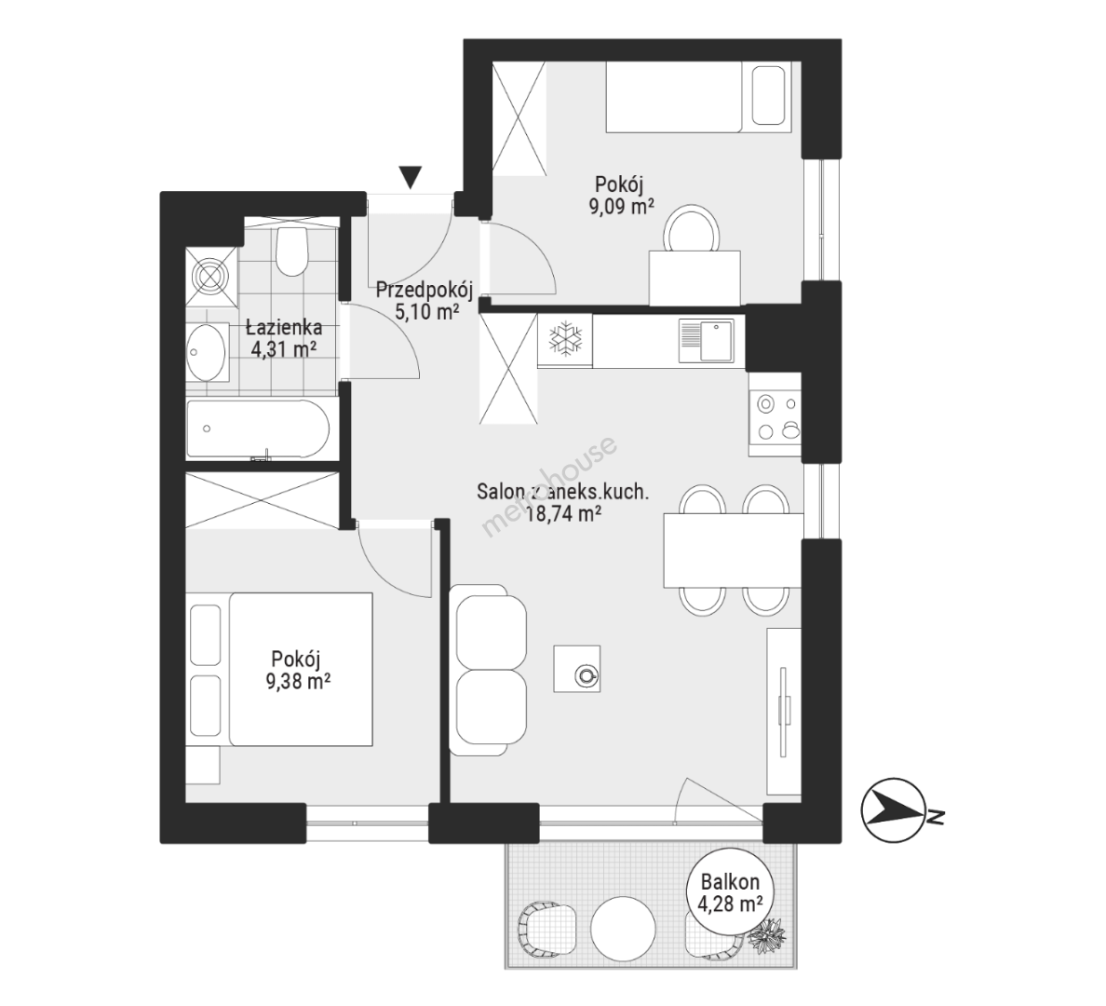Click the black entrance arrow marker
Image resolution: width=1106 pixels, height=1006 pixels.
pyautogui.click(x=410, y=176)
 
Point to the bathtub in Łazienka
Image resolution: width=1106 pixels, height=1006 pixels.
pyautogui.click(x=258, y=429)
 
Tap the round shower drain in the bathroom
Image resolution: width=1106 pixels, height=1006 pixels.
pyautogui.click(x=212, y=276)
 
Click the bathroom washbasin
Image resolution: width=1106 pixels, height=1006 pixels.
pyautogui.click(x=207, y=350)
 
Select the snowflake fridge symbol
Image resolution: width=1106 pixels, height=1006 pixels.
pyautogui.click(x=565, y=340)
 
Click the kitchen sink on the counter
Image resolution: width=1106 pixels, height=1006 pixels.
pyautogui.click(x=707, y=340)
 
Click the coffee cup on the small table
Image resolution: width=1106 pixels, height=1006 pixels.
pyautogui.click(x=586, y=676)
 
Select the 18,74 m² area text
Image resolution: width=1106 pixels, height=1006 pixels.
pyautogui.click(x=563, y=515)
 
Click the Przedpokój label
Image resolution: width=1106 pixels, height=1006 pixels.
pyautogui.click(x=424, y=290)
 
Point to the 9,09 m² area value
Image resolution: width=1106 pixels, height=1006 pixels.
pyautogui.click(x=621, y=207)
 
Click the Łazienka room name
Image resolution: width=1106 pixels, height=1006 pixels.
pyautogui.click(x=284, y=328)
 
